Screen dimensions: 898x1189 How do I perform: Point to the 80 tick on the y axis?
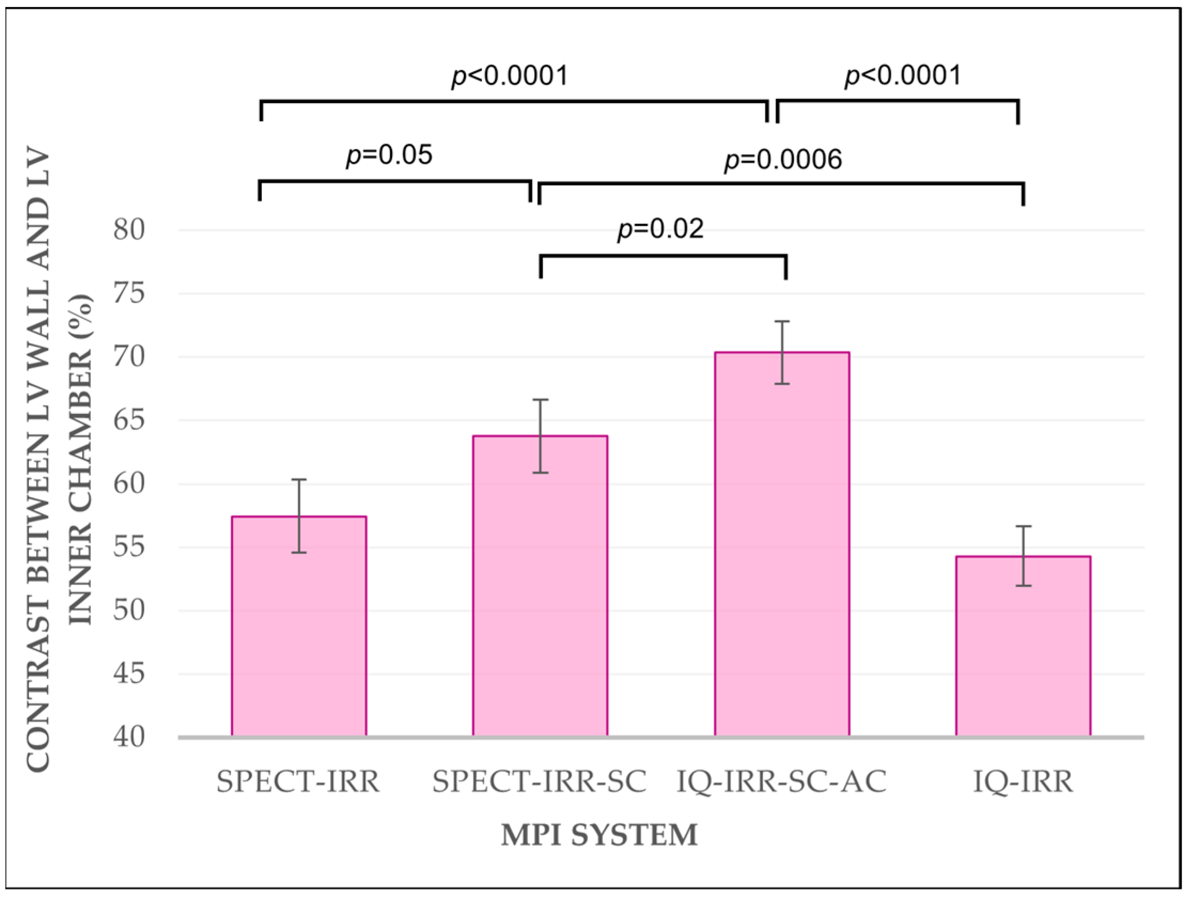[129, 231]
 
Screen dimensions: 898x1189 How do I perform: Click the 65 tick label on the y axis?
[129, 421]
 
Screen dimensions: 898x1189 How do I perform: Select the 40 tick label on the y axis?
[129, 738]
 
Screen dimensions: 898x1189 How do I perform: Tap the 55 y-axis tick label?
[129, 548]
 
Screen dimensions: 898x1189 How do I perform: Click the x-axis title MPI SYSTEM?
[599, 836]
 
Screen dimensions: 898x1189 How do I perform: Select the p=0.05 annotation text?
[389, 156]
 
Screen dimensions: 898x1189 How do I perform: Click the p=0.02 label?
[660, 230]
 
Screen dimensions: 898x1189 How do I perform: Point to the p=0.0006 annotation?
[783, 160]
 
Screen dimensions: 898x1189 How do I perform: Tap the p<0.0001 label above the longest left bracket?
[510, 77]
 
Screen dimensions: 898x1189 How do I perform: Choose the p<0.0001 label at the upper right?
[903, 76]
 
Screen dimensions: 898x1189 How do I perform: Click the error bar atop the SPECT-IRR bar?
[299, 515]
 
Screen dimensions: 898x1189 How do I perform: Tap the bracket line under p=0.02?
[663, 257]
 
